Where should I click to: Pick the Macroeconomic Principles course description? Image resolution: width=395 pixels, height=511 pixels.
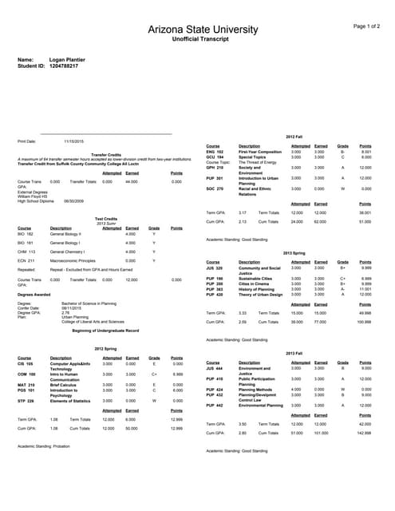pyautogui.click(x=72, y=260)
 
